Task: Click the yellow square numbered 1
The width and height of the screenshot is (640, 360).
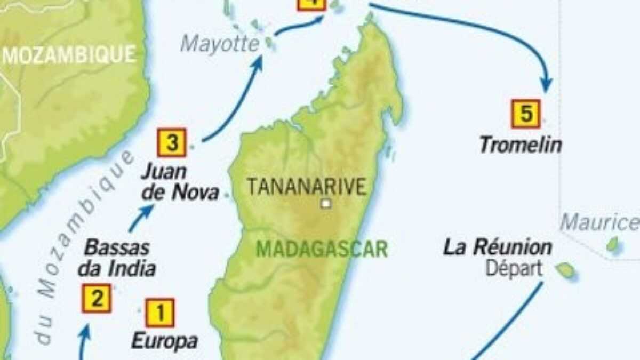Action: click(159, 313)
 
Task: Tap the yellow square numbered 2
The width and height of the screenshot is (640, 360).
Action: click(97, 298)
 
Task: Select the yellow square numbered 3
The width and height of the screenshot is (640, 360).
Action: click(171, 142)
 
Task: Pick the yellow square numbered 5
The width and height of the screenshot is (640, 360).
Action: click(526, 114)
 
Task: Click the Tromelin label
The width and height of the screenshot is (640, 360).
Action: click(520, 145)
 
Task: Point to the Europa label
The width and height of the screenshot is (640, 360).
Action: click(164, 341)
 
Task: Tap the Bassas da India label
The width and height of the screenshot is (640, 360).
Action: click(117, 258)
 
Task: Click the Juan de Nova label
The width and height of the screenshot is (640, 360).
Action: click(179, 182)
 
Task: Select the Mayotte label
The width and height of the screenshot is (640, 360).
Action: click(219, 44)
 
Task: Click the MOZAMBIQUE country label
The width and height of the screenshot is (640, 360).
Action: click(69, 55)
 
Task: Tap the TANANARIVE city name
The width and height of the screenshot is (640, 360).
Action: click(307, 187)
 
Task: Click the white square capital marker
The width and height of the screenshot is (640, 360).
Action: click(325, 203)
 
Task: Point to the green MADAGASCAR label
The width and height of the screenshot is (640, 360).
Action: click(322, 249)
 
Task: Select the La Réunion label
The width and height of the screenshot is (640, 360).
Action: click(498, 248)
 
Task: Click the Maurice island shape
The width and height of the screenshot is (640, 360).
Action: click(613, 245)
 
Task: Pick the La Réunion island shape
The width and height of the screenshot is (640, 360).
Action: click(565, 270)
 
